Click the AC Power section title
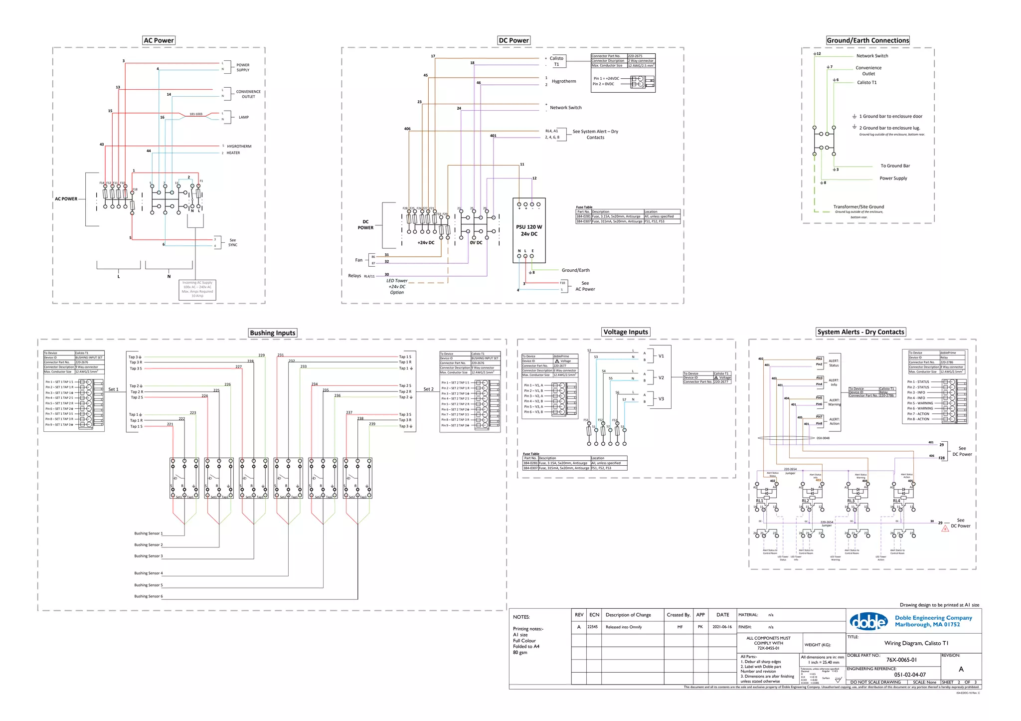tap(159, 40)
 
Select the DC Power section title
tap(513, 40)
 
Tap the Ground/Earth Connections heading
tap(867, 40)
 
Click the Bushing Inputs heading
tap(273, 333)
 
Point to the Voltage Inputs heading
tap(626, 332)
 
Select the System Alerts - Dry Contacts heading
tap(860, 332)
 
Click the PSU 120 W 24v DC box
tap(529, 230)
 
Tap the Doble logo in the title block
tap(868, 621)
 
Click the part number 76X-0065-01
tap(901, 660)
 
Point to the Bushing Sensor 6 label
tap(148, 596)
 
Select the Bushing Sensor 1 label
tap(148, 534)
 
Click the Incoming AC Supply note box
tap(197, 290)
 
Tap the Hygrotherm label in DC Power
tap(563, 81)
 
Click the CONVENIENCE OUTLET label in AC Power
tap(248, 94)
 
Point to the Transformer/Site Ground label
tap(858, 207)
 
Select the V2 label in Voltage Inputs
tap(661, 377)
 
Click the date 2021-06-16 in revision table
tap(722, 627)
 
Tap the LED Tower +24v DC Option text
tap(397, 287)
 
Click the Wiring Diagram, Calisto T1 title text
tap(916, 643)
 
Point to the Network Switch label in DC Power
tap(565, 108)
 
